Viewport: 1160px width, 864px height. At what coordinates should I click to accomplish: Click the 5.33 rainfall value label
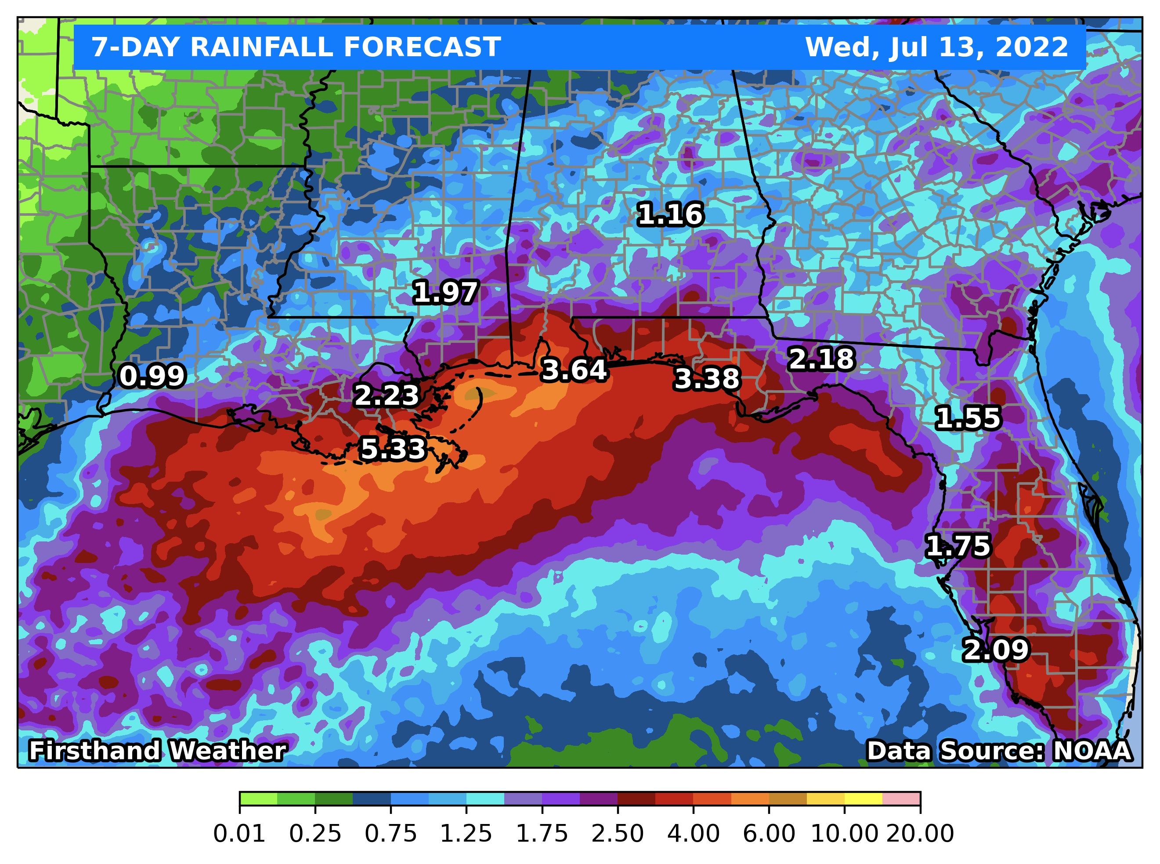tap(393, 449)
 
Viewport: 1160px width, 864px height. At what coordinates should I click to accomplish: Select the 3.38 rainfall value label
tap(707, 379)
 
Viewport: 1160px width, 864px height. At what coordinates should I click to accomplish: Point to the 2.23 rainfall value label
tap(387, 396)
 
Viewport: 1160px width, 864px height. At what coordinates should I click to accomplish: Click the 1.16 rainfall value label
tap(671, 214)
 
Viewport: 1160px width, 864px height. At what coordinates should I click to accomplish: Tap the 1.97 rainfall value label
tap(445, 292)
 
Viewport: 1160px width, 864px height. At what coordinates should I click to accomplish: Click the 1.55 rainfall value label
tap(968, 418)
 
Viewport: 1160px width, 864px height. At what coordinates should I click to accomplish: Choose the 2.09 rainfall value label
tap(995, 650)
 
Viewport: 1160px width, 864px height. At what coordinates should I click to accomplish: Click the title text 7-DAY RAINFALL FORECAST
tap(296, 47)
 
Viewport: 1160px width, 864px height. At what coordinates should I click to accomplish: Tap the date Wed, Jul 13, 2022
tap(936, 47)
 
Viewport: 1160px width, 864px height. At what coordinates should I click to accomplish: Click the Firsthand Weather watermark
tap(157, 751)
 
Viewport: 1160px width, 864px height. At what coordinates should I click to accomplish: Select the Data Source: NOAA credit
tap(999, 751)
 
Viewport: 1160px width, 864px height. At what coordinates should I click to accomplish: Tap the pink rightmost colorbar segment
tap(901, 799)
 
